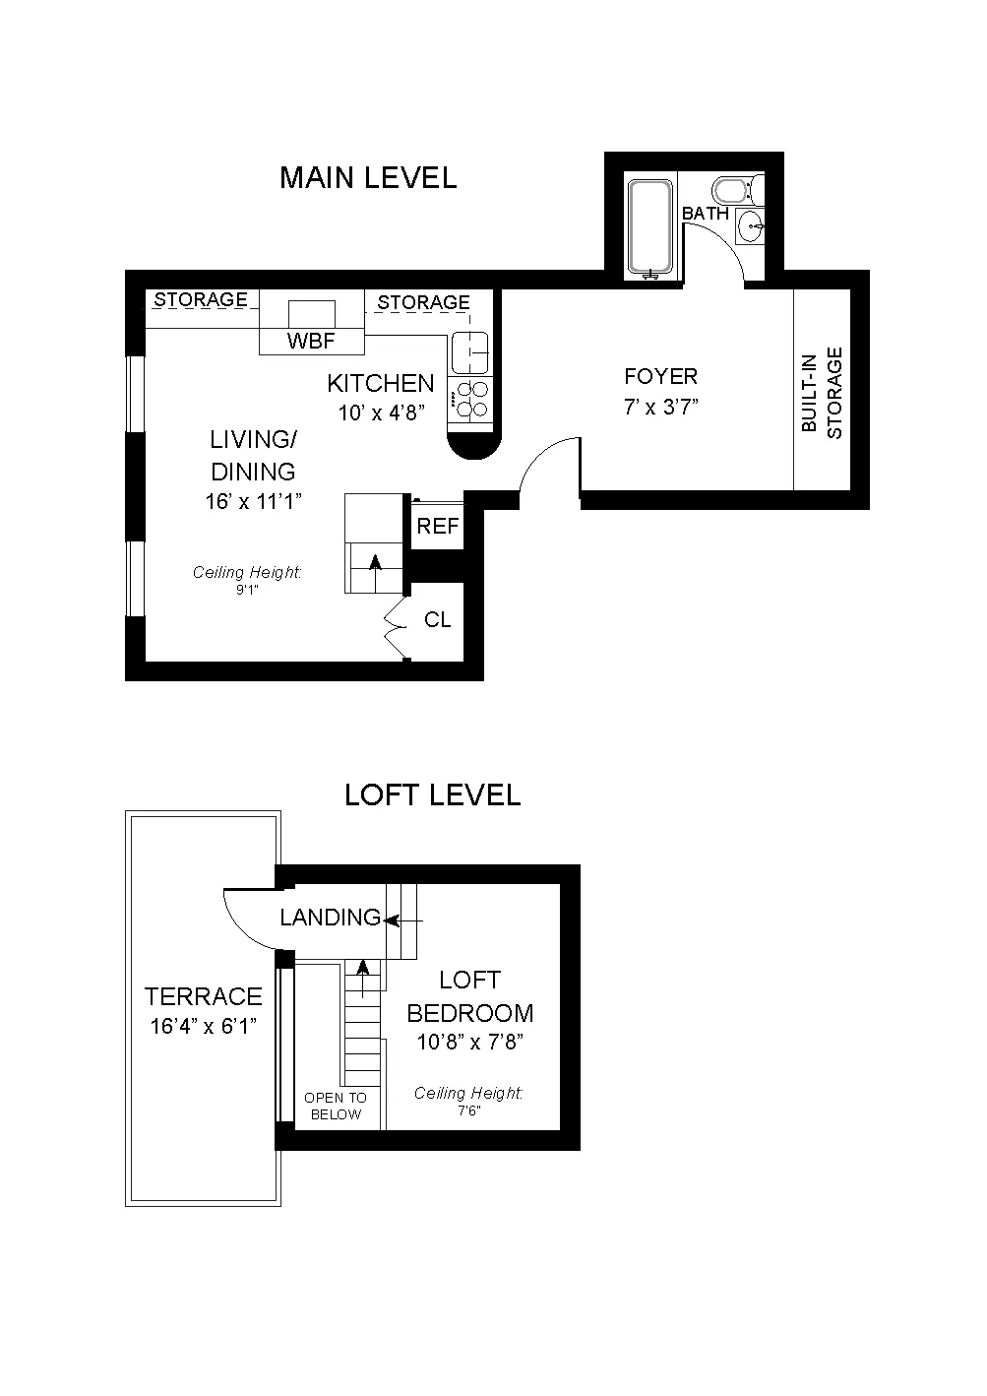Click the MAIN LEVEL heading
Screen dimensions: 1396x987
368,178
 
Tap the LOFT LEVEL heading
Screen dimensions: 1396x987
432,794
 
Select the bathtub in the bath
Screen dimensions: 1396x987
650,227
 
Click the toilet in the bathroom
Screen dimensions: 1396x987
732,188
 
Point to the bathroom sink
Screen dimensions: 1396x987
753,226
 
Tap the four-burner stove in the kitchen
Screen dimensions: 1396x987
471,401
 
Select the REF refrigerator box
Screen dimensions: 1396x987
437,527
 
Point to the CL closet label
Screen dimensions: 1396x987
437,620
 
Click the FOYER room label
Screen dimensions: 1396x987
661,376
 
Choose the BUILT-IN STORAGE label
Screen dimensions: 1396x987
822,393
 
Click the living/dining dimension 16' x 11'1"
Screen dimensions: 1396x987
253,502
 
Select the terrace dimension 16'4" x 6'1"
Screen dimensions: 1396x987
204,1026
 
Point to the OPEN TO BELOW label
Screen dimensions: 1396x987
336,1106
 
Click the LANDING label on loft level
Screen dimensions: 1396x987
330,918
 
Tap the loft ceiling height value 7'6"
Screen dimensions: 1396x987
467,1110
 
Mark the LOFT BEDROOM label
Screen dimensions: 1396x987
470,996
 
